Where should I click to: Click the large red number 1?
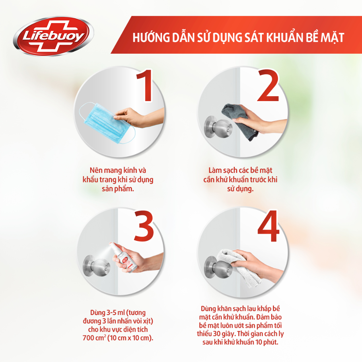click(143, 86)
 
